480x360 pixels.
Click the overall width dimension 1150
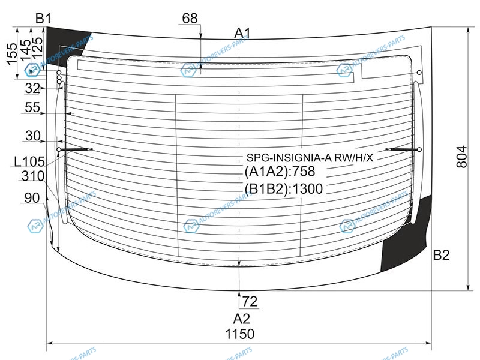point(239,334)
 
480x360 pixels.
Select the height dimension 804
point(462,157)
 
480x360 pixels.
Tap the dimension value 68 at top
point(190,19)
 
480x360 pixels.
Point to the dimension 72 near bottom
point(250,302)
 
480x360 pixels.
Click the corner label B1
point(43,19)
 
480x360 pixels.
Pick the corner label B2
point(441,254)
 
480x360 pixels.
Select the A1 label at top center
point(242,33)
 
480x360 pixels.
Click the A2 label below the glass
point(242,319)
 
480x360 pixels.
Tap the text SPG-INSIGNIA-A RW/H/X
point(310,158)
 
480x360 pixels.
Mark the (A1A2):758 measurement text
point(280,172)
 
